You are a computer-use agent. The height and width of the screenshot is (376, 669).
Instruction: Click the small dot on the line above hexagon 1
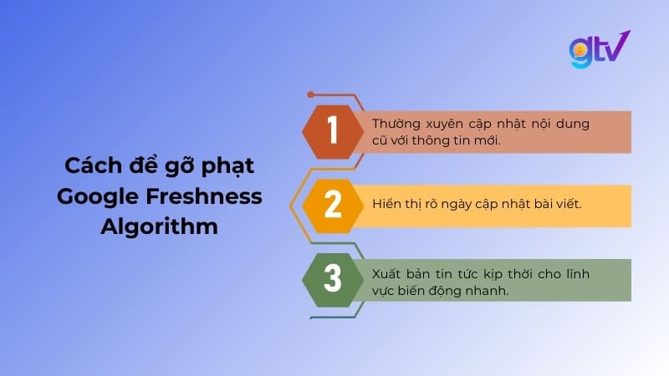point(310,94)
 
